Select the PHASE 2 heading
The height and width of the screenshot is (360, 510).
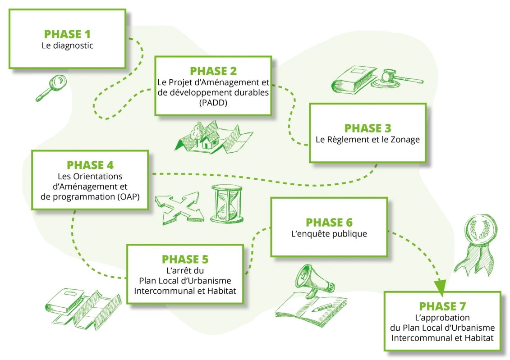tap(213, 71)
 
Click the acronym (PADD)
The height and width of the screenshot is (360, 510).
tap(213, 103)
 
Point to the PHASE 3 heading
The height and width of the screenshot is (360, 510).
tap(368, 128)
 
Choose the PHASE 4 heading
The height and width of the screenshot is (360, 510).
tap(90, 165)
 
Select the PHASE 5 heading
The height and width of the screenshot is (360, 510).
tap(185, 260)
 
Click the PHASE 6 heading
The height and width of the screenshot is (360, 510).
tap(329, 223)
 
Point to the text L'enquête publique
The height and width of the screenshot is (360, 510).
tap(329, 234)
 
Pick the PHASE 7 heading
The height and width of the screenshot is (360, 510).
tap(442, 306)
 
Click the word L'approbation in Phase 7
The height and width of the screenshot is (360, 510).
tap(442, 318)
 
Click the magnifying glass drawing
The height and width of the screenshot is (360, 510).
tap(50, 88)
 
